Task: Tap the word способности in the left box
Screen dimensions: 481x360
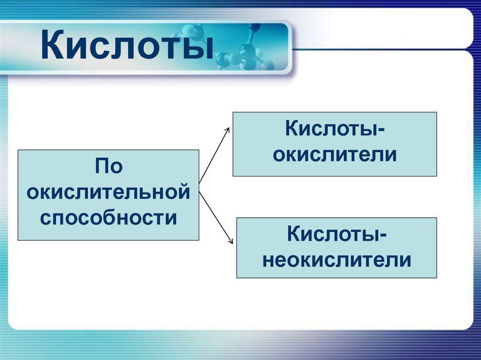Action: pos(109,218)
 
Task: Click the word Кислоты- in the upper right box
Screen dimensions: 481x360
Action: pos(335,129)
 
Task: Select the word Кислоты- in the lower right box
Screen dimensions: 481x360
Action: pos(337,234)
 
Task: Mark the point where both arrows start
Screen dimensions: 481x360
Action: pos(199,184)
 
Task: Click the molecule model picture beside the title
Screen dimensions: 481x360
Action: pos(244,49)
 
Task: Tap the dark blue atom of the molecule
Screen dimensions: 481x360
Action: pos(254,27)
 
